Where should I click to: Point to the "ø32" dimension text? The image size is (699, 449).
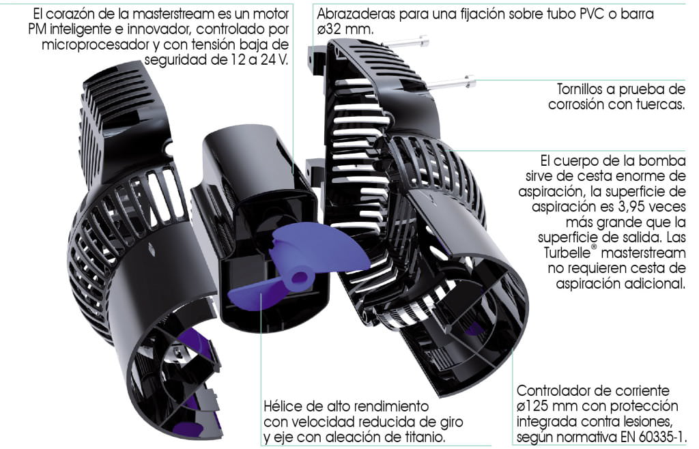(331, 29)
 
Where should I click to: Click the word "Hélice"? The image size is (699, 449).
(283, 406)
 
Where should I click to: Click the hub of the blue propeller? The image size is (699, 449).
(300, 279)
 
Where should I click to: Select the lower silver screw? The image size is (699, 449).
(451, 83)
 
